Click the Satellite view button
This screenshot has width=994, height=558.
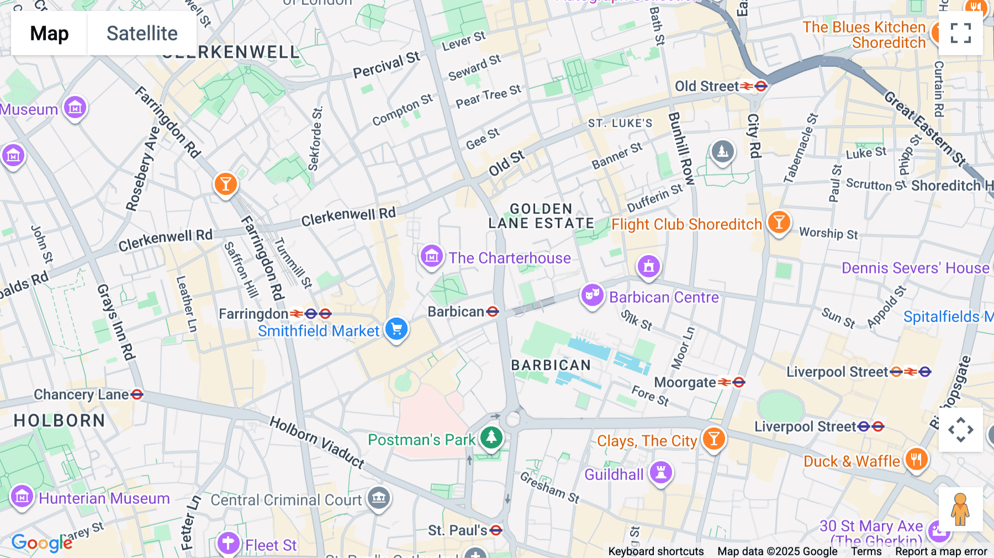click(x=142, y=33)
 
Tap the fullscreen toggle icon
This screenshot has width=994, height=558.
click(x=960, y=33)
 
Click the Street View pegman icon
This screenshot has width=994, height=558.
click(x=960, y=509)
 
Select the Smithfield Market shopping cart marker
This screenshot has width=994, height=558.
click(x=396, y=329)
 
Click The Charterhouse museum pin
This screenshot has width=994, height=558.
click(x=431, y=256)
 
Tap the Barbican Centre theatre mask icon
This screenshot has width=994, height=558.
click(x=592, y=296)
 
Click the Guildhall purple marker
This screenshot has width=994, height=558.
click(x=660, y=473)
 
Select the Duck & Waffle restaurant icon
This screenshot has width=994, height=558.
click(x=916, y=459)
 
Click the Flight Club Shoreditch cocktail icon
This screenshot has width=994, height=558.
click(x=779, y=223)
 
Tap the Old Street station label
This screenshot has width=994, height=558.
click(x=707, y=86)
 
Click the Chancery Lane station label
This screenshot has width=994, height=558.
click(x=81, y=394)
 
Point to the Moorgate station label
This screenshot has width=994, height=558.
click(x=685, y=382)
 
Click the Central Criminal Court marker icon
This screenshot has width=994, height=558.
click(x=379, y=498)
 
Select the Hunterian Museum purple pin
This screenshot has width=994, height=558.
click(x=22, y=497)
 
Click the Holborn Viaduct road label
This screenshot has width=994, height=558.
click(x=317, y=443)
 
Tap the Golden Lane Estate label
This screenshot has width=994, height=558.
click(x=541, y=216)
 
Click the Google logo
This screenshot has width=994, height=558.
click(x=42, y=543)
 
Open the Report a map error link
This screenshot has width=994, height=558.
click(x=941, y=551)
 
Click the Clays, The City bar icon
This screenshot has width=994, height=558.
click(x=713, y=439)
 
